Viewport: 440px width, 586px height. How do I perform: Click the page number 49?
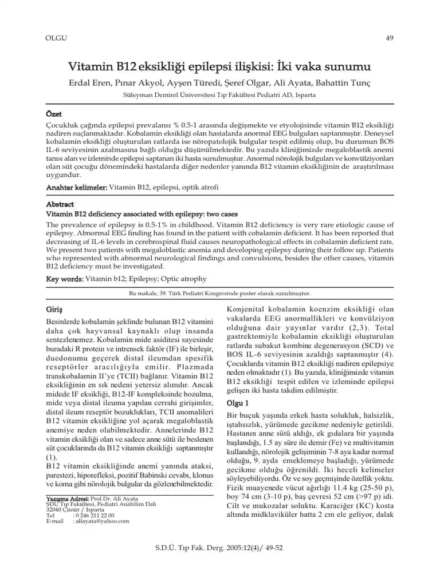click(390, 38)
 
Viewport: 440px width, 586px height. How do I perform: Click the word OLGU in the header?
click(56, 38)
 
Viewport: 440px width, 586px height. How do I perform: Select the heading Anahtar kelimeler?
click(76, 188)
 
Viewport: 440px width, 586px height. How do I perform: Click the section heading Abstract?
click(60, 204)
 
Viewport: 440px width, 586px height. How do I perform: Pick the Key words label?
click(64, 279)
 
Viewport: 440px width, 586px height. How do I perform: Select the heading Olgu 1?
click(238, 403)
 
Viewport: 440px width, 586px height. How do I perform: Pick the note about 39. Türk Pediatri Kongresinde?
click(220, 293)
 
